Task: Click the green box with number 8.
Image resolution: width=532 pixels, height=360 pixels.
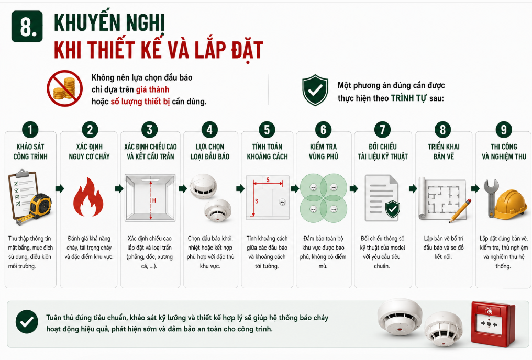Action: (x=27, y=26)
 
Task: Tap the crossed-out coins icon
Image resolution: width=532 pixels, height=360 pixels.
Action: (x=64, y=88)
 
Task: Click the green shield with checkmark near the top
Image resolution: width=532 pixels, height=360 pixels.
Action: (x=315, y=90)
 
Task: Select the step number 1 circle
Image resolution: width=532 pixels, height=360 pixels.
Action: (x=30, y=130)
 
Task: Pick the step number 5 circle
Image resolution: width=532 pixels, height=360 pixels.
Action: (x=267, y=130)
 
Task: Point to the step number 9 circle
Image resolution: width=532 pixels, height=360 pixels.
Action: (x=504, y=130)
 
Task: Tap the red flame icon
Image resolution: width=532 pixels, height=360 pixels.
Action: (x=88, y=197)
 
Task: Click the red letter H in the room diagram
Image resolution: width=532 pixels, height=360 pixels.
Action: (x=154, y=200)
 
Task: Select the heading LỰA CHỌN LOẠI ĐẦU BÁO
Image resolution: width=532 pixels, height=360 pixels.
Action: (x=210, y=152)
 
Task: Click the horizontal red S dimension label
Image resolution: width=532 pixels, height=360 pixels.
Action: (x=268, y=179)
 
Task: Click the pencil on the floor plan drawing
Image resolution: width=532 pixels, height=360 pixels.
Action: (x=460, y=211)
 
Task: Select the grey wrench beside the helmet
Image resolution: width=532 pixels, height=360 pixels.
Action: (x=490, y=198)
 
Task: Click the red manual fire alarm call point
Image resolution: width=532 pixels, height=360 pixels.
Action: (x=493, y=323)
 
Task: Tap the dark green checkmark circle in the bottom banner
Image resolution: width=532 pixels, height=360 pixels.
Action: (x=27, y=322)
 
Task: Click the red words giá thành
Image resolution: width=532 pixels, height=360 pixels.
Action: (x=153, y=89)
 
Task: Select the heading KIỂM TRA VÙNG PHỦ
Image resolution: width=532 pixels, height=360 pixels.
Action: (x=324, y=152)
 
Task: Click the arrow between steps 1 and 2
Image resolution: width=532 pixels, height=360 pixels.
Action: (x=60, y=189)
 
